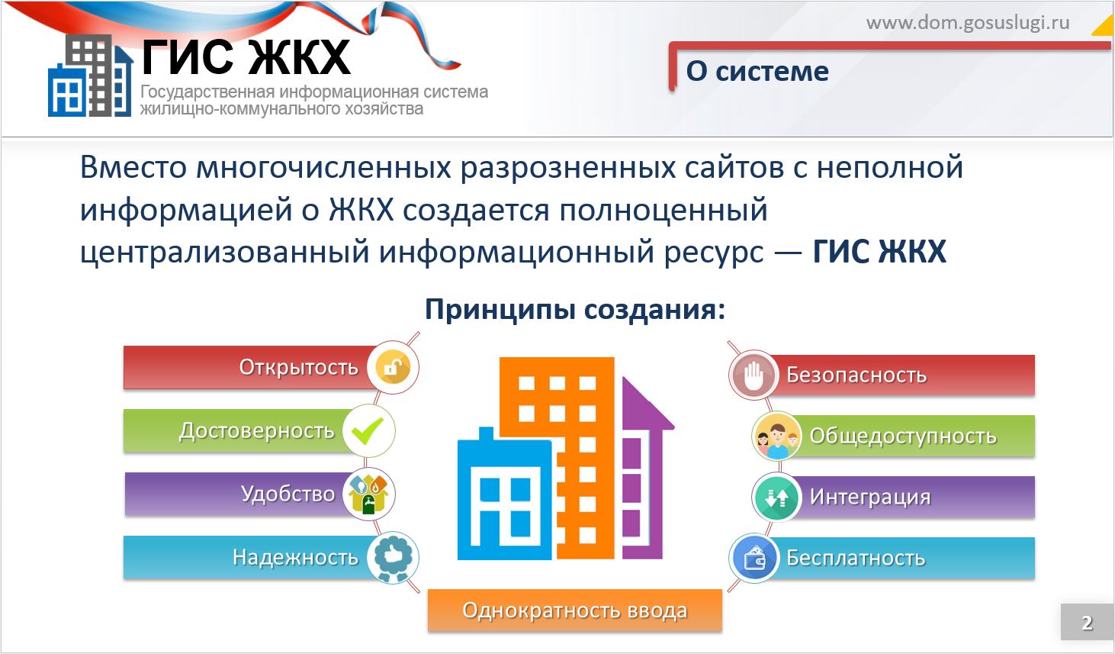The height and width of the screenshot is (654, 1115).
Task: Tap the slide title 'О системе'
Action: [757, 71]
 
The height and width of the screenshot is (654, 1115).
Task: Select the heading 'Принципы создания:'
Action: [575, 310]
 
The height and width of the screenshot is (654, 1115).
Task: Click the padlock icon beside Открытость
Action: [394, 368]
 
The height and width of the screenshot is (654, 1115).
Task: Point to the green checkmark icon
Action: [368, 430]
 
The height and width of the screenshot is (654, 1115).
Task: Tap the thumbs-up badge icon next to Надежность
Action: [394, 557]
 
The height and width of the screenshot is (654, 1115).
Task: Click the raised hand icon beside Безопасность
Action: [754, 375]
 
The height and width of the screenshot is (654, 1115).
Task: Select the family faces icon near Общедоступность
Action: [776, 437]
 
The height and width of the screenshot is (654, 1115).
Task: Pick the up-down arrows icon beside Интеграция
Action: [776, 497]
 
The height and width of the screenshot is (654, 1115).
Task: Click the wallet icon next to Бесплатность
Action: [754, 559]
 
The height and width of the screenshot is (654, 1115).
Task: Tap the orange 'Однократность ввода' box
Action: [575, 611]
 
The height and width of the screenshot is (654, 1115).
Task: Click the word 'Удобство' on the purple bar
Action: [288, 494]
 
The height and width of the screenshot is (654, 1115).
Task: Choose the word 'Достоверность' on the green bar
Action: [256, 431]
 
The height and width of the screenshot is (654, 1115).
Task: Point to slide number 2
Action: [1087, 623]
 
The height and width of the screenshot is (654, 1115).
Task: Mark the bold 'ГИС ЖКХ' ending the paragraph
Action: [879, 252]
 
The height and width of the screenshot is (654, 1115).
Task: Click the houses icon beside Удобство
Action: [368, 494]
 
